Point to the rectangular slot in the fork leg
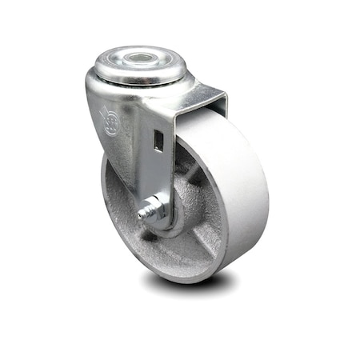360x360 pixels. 158,142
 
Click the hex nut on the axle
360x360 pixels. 156,210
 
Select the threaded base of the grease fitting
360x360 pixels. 149,213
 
